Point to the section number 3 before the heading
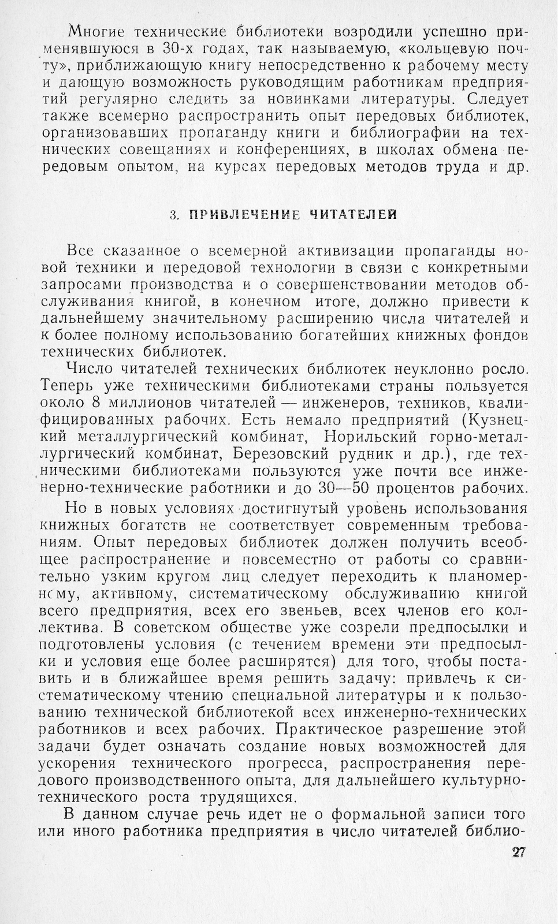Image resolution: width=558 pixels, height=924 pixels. [173, 215]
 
